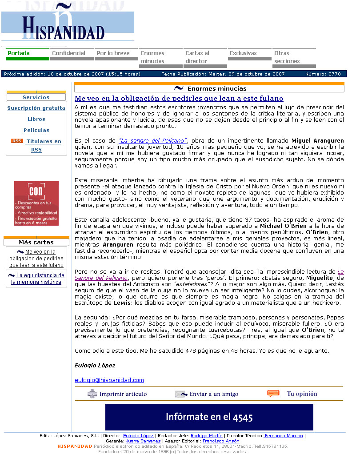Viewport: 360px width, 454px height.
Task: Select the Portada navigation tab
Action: [x=19, y=53]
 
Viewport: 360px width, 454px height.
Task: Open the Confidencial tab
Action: [x=68, y=53]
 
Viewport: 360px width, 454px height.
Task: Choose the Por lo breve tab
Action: [x=113, y=53]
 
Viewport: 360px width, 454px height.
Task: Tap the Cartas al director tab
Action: [x=197, y=57]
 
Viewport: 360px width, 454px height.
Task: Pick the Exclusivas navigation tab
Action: [x=243, y=53]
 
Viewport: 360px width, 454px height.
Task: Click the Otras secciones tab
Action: [x=287, y=57]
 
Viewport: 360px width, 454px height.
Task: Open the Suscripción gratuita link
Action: [x=36, y=108]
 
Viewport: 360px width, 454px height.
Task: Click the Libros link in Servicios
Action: [x=36, y=119]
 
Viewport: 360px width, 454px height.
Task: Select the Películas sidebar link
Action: [x=36, y=130]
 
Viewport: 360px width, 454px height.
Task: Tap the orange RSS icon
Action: [x=17, y=141]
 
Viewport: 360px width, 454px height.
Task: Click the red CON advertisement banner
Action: [x=36, y=203]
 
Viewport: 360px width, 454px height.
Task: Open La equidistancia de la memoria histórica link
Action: [x=37, y=279]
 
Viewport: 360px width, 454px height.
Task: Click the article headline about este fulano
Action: [x=179, y=99]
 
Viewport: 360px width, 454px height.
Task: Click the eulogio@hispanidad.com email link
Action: [x=109, y=380]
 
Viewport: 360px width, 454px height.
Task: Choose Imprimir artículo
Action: [x=123, y=394]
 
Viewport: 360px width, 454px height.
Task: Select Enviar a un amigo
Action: [x=213, y=394]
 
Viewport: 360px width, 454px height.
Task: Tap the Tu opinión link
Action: [x=302, y=394]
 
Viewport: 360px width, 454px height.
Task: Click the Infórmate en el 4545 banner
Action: [x=209, y=417]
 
